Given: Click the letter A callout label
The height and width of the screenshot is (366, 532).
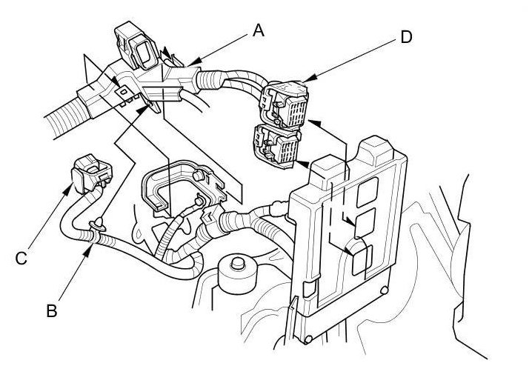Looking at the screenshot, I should pos(258,30).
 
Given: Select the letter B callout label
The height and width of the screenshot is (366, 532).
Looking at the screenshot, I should pos(51,310).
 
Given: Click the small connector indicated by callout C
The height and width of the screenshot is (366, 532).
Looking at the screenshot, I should pos(88,173).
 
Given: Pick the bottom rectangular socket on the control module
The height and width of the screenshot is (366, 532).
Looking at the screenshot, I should pos(361,259).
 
